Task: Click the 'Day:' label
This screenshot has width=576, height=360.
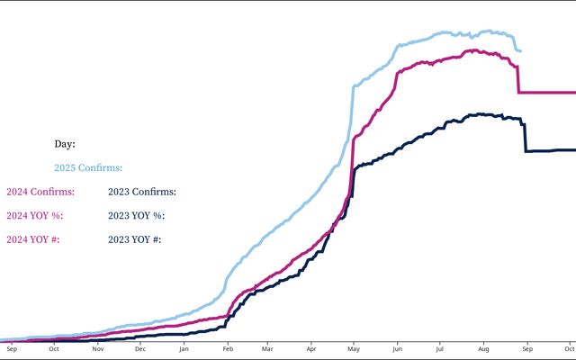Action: point(64,144)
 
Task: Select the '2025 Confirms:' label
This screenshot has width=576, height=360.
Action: point(87,167)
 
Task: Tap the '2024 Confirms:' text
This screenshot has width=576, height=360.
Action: point(40,192)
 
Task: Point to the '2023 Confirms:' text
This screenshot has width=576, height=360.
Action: point(141,192)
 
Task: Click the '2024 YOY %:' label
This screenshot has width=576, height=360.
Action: point(34,216)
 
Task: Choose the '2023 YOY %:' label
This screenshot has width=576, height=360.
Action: point(136,216)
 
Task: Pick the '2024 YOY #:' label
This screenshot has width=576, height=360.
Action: point(32,239)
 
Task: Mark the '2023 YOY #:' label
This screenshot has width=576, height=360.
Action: point(134,239)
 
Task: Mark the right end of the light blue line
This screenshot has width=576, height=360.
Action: point(519,51)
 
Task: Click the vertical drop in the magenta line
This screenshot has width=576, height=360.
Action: point(517,80)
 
